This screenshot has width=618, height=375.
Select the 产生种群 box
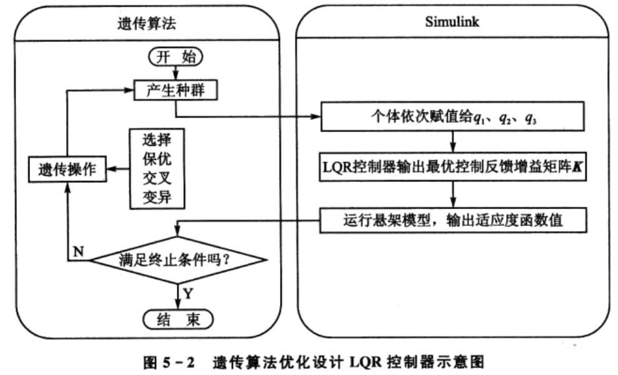pos(175,91)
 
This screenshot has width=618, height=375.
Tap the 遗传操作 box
pos(64,169)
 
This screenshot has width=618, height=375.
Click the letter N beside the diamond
pos(79,251)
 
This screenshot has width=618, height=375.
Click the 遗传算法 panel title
pos(145,24)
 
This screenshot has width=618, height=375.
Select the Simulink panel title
pos(451,24)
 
